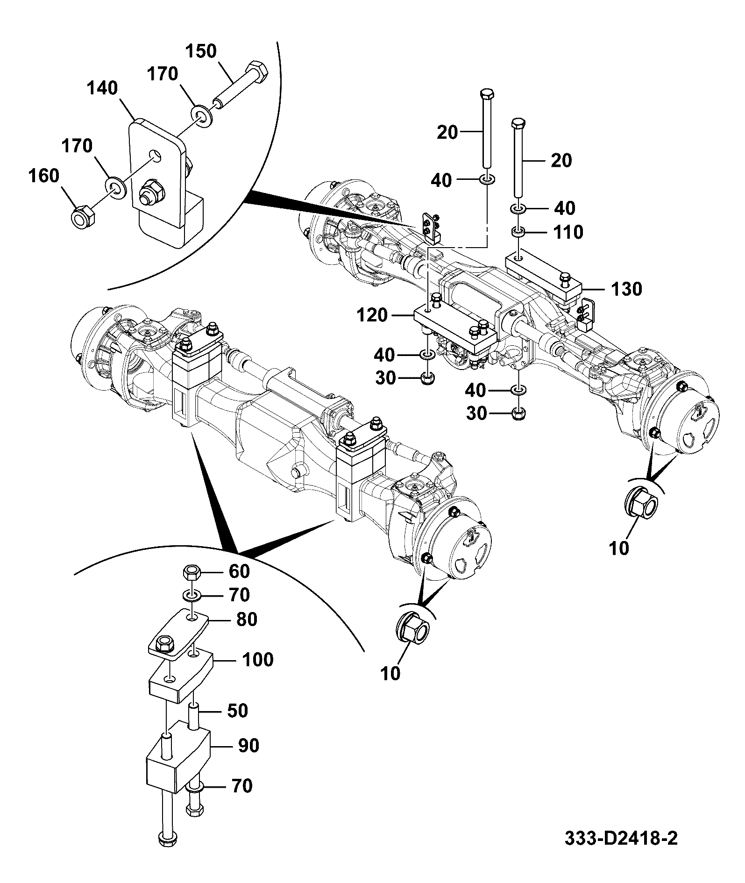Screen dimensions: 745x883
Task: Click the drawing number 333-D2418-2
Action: [621, 851]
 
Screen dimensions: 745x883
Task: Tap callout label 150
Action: [201, 51]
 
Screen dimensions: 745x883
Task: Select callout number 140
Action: [103, 88]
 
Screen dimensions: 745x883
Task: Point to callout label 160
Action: [44, 176]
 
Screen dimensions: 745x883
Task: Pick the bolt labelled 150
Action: [241, 85]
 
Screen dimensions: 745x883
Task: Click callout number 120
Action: [372, 315]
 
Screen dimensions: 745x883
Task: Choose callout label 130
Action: [626, 289]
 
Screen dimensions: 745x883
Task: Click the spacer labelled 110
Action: [518, 232]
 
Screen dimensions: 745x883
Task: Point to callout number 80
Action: [247, 619]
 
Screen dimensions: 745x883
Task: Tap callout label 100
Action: [258, 660]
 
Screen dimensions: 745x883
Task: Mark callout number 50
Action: [237, 711]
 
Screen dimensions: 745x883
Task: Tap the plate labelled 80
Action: [178, 634]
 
